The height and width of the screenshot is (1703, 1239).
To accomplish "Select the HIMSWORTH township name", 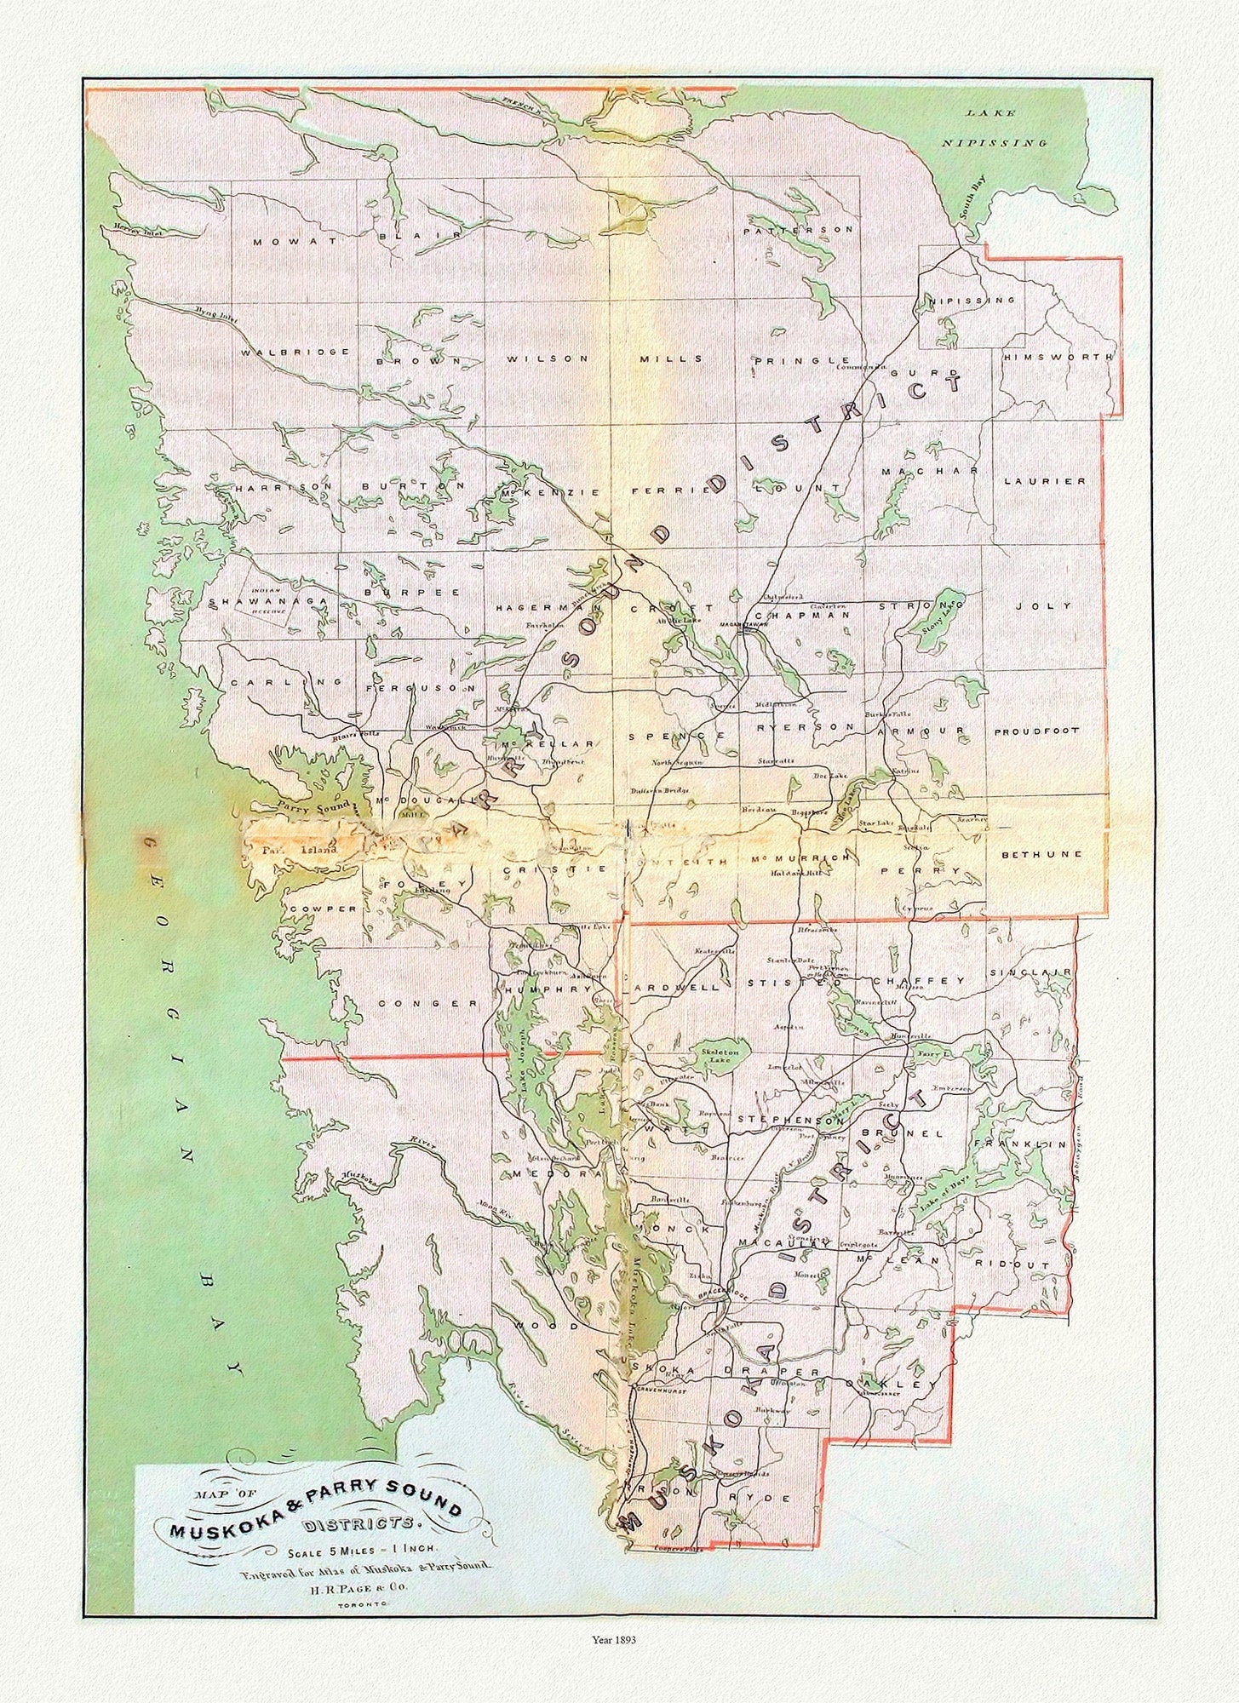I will coord(1058,358).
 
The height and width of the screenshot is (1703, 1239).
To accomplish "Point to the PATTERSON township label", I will coord(797,231).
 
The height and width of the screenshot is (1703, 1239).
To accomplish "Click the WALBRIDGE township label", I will coord(295,352).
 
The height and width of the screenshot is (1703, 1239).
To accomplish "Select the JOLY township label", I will coord(1041,606).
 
